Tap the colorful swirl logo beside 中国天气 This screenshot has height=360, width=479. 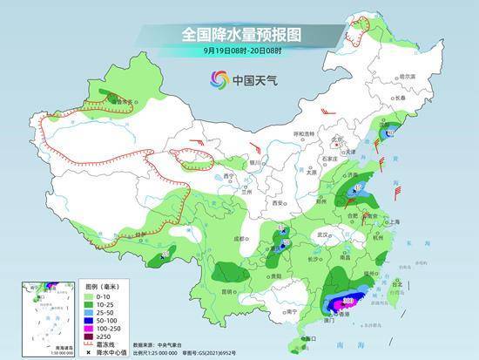pyautogui.click(x=218, y=80)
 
